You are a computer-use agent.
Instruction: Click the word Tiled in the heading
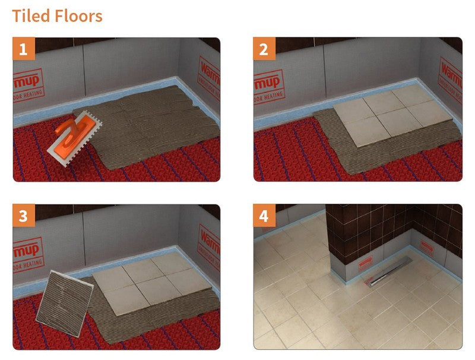coord(29,15)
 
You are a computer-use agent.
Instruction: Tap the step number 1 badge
coord(24,49)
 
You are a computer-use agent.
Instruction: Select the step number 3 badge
coord(24,216)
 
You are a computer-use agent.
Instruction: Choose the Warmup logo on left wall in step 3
coord(27,250)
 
